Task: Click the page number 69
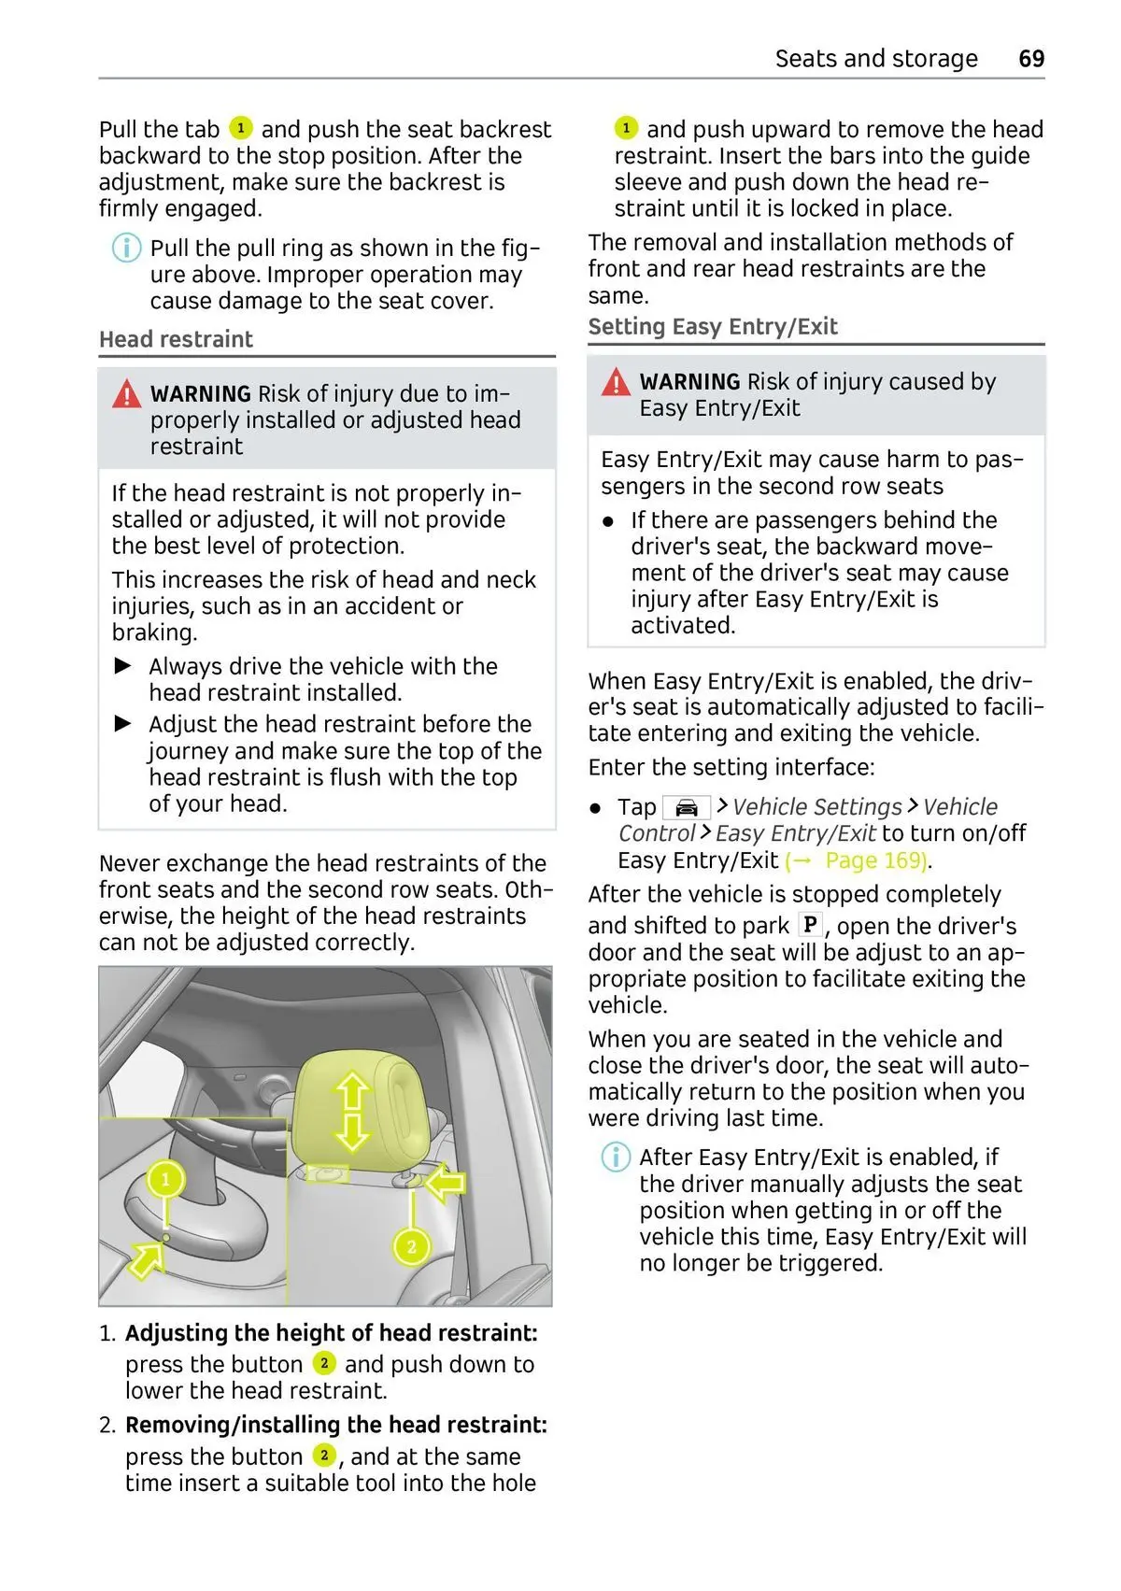(x=1030, y=59)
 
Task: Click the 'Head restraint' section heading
(x=176, y=339)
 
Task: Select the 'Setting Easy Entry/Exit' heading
(x=712, y=327)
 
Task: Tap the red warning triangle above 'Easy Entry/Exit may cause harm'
(x=616, y=382)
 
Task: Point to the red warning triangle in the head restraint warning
(x=126, y=395)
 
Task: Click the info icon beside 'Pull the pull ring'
(x=126, y=249)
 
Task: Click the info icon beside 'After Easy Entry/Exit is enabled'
(x=615, y=1158)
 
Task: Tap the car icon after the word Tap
(x=686, y=807)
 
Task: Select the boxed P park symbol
(x=810, y=925)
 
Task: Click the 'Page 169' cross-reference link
(x=874, y=860)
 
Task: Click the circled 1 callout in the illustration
(x=166, y=1179)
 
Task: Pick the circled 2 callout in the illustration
(x=411, y=1246)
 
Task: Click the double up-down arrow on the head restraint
(x=352, y=1112)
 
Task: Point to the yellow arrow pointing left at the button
(x=445, y=1184)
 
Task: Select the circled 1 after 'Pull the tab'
(x=240, y=128)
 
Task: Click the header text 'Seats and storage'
(x=875, y=59)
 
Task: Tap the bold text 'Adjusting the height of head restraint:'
(x=331, y=1333)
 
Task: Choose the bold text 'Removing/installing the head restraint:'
(x=335, y=1425)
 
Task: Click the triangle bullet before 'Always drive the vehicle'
(x=123, y=666)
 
